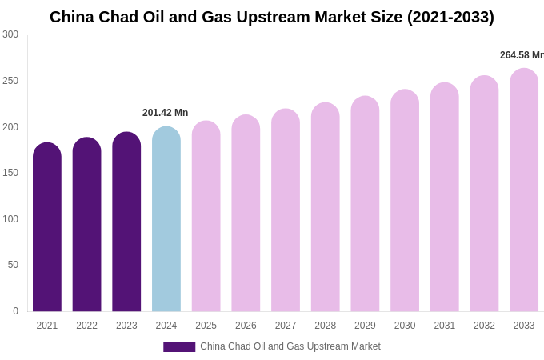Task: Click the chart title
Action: [272, 17]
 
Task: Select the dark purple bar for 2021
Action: [47, 228]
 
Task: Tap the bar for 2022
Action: [86, 225]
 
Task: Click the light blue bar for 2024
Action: [166, 220]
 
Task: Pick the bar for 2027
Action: [286, 211]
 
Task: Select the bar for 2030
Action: [405, 202]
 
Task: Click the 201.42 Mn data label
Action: [165, 113]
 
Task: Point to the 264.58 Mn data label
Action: [522, 55]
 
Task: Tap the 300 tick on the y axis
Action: [10, 34]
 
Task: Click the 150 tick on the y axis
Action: [10, 173]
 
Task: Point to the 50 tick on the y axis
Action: [13, 265]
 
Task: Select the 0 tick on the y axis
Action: [15, 311]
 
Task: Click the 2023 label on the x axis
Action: [126, 326]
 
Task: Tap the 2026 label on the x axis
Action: [246, 326]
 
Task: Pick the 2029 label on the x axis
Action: [365, 326]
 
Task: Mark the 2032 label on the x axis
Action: [484, 326]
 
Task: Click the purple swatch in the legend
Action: [179, 347]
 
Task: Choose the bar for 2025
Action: [206, 217]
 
